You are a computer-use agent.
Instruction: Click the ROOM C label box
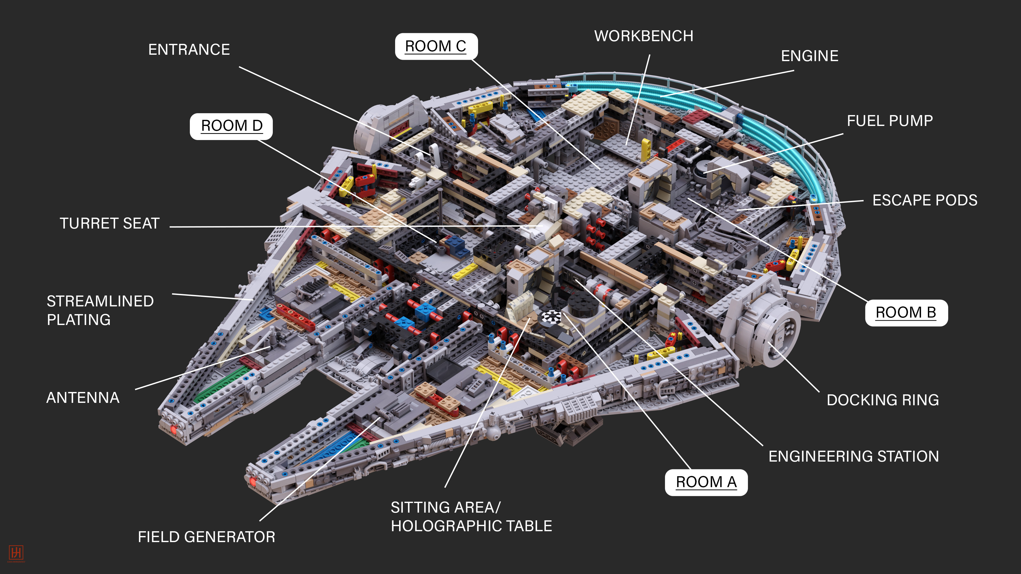[x=436, y=46]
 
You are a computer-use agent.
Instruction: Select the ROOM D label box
[x=232, y=126]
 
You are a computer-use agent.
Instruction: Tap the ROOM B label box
[x=906, y=313]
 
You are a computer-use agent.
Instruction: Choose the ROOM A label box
[x=706, y=482]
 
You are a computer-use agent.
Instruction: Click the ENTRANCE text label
[x=189, y=49]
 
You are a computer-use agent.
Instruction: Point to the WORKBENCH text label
[x=644, y=36]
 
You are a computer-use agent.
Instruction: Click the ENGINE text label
[x=809, y=56]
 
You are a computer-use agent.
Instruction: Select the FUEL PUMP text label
[x=890, y=121]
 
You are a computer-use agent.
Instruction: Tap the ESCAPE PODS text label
[x=925, y=200]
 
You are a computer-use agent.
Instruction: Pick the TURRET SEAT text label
[x=109, y=223]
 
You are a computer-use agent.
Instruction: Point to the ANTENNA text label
[x=83, y=398]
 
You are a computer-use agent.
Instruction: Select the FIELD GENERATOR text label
[x=206, y=537]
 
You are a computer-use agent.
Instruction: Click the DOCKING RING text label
[x=883, y=400]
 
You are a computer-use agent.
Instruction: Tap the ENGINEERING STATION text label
[x=853, y=456]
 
